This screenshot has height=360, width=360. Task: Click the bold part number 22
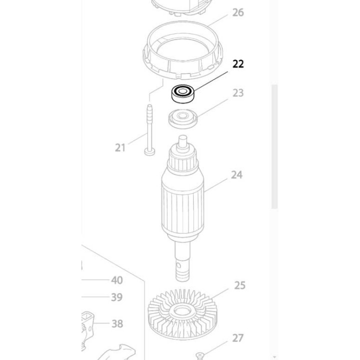point(238,64)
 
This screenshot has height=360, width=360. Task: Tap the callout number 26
point(238,12)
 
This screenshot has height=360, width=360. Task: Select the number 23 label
point(238,93)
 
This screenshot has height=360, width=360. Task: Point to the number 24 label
point(236,175)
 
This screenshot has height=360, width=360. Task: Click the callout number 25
point(239,285)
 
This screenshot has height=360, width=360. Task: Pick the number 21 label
point(120,148)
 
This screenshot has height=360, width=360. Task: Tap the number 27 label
point(237,338)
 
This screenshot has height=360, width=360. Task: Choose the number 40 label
point(117,280)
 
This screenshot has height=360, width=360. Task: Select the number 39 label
point(116,297)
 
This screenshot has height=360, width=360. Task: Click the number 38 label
point(117,323)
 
